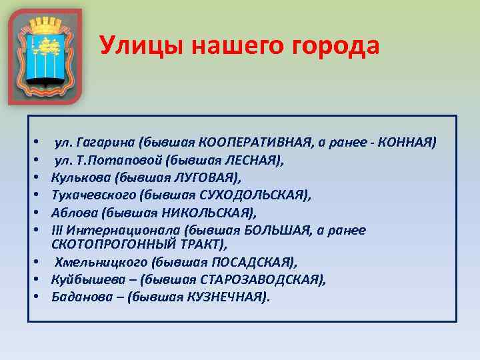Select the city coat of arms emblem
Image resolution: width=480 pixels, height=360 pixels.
coord(45,57)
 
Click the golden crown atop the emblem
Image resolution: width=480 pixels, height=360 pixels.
coord(45,25)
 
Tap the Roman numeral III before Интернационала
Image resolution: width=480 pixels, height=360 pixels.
coord(57,230)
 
